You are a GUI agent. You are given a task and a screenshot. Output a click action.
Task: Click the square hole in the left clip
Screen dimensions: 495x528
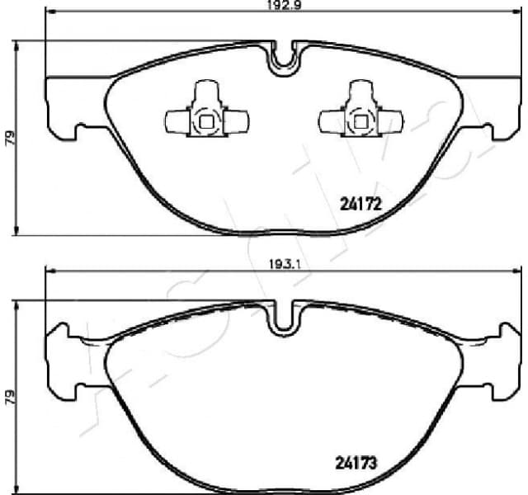click(205, 125)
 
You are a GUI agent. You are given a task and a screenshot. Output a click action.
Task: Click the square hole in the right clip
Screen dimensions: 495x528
click(360, 125)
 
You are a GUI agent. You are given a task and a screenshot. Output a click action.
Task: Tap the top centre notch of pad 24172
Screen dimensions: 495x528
click(285, 58)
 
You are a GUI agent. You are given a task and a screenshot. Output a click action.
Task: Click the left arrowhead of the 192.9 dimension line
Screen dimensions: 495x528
click(48, 14)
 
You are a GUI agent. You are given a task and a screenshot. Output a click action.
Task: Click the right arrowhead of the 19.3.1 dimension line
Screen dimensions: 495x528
click(517, 271)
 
